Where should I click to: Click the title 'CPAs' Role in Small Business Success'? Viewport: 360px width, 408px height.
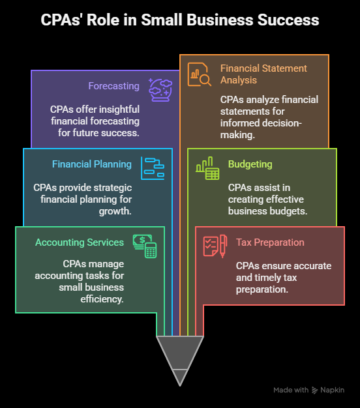180,20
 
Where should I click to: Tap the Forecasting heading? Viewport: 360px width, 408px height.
113,86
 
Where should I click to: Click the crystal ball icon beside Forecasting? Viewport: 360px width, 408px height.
160,90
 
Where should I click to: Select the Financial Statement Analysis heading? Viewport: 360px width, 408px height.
263,74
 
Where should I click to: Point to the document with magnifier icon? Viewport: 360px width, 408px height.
200,74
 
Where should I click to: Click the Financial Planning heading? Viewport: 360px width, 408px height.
92,164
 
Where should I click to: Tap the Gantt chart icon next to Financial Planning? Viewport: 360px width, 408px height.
153,168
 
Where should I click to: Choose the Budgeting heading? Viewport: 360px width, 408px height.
250,164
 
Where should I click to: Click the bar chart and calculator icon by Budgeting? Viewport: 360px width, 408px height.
207,168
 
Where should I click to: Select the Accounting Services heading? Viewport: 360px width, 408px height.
80,242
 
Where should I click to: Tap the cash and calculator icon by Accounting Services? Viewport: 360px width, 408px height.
145,246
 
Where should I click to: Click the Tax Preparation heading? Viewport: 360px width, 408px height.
270,242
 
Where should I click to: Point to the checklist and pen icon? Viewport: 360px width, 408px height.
215,246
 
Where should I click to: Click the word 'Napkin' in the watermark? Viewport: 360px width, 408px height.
333,390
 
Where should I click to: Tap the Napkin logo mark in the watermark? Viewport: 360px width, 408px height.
315,390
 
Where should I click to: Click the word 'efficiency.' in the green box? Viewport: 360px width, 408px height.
102,299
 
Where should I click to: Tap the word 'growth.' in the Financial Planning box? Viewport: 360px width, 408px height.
115,211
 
